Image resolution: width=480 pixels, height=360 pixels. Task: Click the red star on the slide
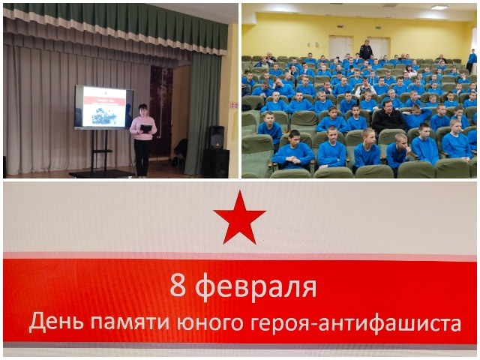239,217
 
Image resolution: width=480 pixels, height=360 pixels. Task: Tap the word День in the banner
53,322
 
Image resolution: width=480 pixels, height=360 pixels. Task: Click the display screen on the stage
103,106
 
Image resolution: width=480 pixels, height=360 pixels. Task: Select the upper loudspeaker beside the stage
216,136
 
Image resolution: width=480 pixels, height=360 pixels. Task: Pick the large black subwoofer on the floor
215,163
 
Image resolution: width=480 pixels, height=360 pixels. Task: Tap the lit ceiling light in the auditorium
439,7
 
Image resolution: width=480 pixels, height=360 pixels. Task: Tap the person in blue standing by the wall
472,58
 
